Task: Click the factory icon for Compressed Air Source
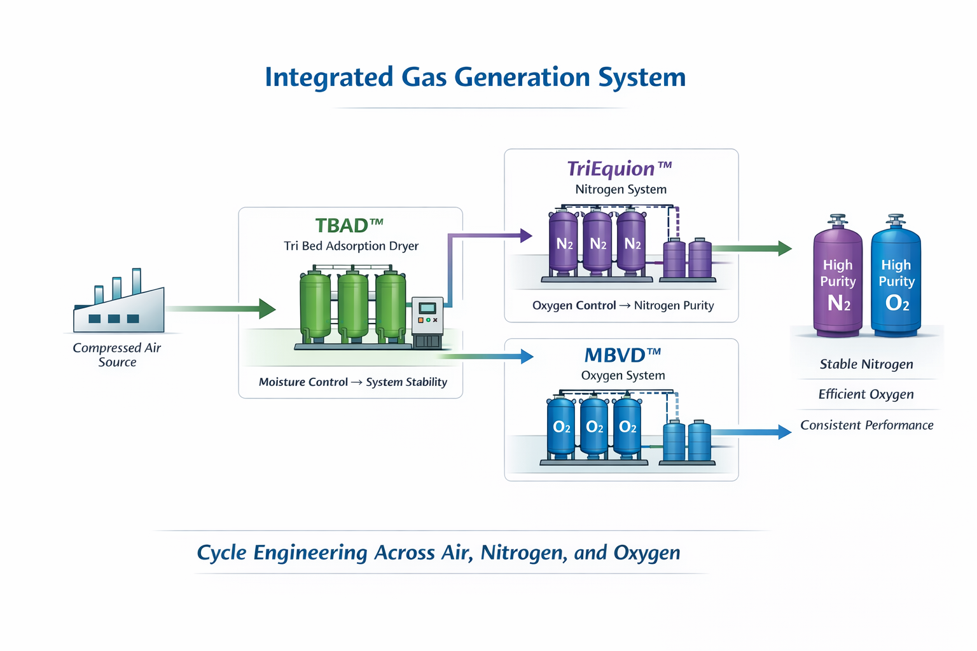point(119,305)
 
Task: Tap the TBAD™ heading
point(349,226)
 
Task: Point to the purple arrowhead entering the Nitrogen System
point(525,236)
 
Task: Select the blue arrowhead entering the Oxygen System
point(527,357)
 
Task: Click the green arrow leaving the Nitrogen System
point(751,249)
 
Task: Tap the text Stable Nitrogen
point(866,364)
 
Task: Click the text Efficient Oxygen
point(866,395)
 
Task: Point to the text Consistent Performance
point(866,425)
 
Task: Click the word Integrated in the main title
point(329,78)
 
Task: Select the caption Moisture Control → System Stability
point(352,382)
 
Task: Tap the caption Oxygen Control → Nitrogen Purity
point(623,306)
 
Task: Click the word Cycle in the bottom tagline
point(221,553)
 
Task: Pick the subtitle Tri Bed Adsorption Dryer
point(351,246)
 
